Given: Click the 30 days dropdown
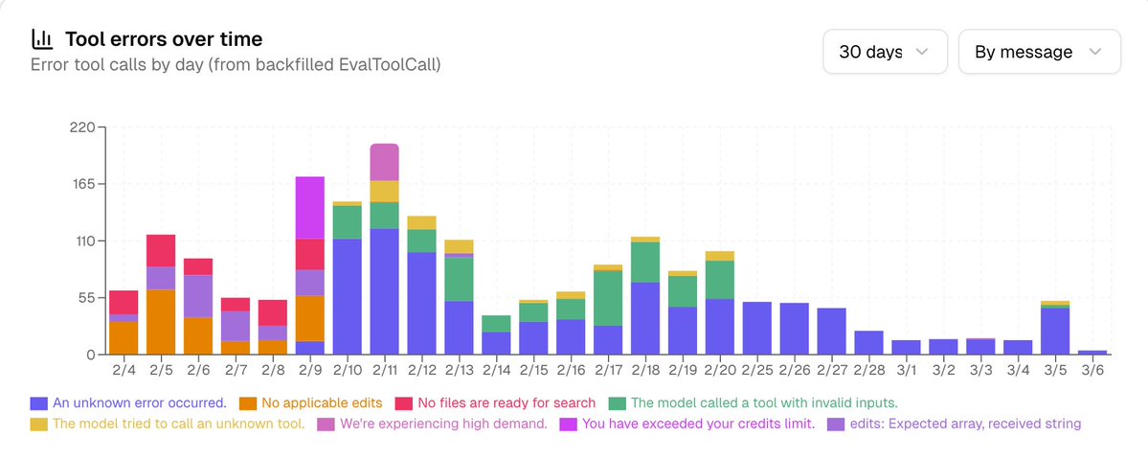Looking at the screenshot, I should tap(885, 52).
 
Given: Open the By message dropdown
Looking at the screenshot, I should tap(1039, 52).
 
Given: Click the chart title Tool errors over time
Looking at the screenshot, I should tap(164, 39).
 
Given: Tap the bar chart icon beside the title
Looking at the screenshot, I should tap(42, 39).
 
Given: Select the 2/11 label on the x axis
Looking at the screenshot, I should tap(384, 369).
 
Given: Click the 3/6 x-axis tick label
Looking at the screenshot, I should tap(1092, 369).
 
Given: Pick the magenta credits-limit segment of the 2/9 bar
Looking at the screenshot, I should tap(309, 207).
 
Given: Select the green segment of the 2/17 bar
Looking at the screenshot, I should tap(608, 298).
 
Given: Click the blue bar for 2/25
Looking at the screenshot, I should tap(757, 329).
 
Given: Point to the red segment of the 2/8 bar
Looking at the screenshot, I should tap(273, 313).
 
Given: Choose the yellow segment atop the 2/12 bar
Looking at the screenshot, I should tap(421, 222).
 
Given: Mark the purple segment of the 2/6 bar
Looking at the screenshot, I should tap(198, 295).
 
